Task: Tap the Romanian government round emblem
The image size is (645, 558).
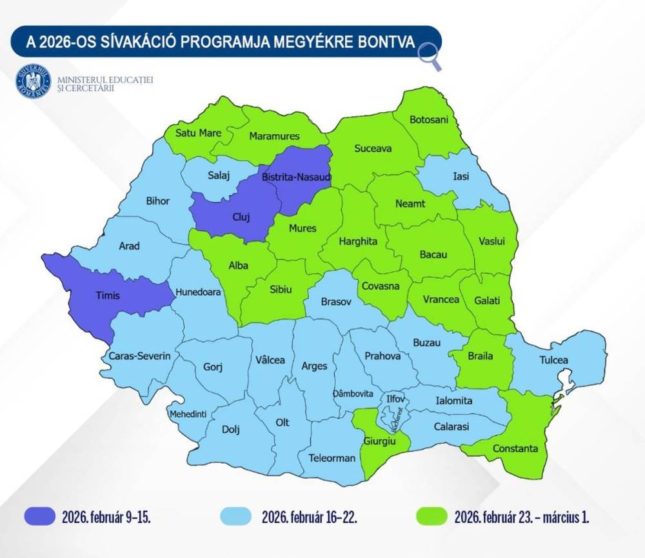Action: [x=33, y=82]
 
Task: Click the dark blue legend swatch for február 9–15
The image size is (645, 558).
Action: [x=41, y=516]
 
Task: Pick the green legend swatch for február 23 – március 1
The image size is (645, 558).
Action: [x=430, y=516]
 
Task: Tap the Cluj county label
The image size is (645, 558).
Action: [x=240, y=217]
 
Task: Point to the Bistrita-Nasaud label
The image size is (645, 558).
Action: [x=296, y=176]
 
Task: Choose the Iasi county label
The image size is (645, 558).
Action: [x=461, y=176]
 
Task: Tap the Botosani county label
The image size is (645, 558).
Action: [x=429, y=120]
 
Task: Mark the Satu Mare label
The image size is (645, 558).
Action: [x=201, y=133]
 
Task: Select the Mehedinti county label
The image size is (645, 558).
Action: [x=188, y=414]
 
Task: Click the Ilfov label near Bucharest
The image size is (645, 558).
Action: [x=394, y=399]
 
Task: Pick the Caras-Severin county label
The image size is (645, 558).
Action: [x=139, y=355]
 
